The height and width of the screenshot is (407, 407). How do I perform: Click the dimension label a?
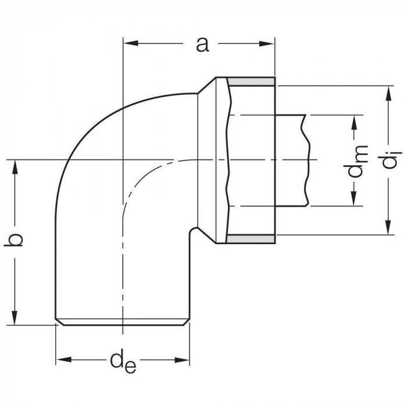pyautogui.click(x=202, y=44)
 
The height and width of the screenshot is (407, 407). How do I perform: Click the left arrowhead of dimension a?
pyautogui.click(x=128, y=43)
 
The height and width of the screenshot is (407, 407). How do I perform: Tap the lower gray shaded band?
pyautogui.click(x=250, y=239)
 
